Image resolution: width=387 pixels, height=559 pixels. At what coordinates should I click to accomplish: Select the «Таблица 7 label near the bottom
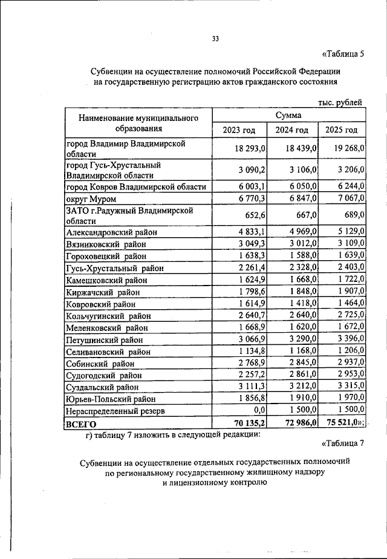tap(343, 443)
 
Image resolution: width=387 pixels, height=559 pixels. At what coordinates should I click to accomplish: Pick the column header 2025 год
tap(341, 130)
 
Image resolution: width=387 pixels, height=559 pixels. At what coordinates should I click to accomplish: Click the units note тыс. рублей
tap(340, 103)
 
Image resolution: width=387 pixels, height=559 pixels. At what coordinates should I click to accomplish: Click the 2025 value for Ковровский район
tap(351, 304)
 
